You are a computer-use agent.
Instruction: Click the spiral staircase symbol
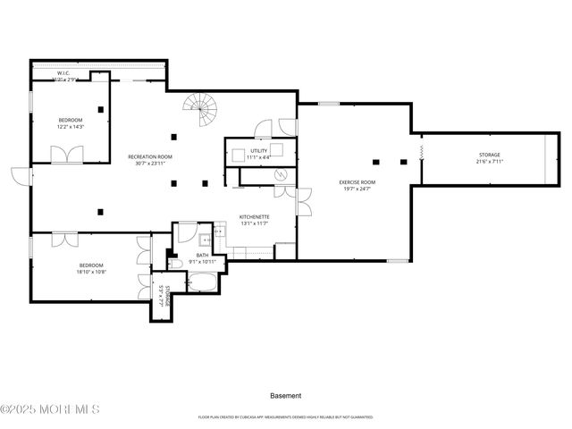[x=202, y=113]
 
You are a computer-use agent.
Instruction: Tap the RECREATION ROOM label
[x=149, y=156]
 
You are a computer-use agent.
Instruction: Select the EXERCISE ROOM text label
[x=357, y=182]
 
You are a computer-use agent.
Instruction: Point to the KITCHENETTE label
[x=254, y=216]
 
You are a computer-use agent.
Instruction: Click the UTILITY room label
[x=259, y=151]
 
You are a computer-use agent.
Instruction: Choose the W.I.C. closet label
[x=64, y=73]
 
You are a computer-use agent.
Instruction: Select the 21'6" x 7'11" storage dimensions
[x=489, y=162]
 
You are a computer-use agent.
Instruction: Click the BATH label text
[x=202, y=256]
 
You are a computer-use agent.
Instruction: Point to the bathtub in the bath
[x=202, y=283]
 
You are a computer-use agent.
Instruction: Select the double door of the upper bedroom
[x=66, y=155]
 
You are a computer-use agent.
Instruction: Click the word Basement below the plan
[x=285, y=395]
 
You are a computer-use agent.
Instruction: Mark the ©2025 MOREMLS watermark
[x=50, y=409]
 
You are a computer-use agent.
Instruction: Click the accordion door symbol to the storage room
[x=419, y=161]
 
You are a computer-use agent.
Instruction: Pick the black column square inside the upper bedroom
[x=101, y=110]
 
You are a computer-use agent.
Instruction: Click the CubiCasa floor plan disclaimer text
[x=285, y=416]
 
